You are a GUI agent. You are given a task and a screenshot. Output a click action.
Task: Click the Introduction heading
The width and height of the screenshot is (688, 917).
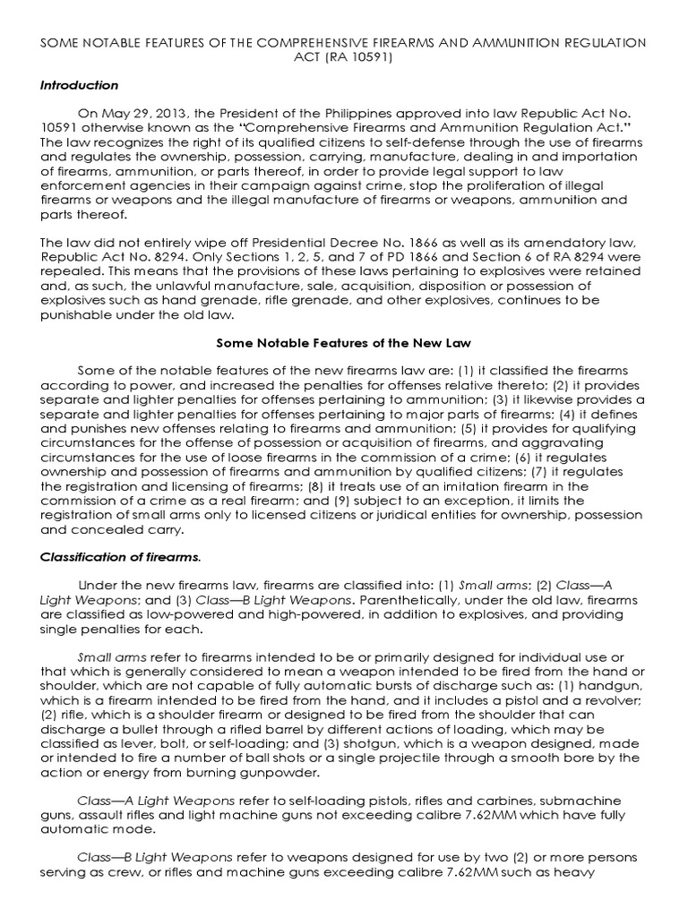point(79,85)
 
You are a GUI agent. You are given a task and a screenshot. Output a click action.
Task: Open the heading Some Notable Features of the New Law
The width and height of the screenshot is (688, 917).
point(343,343)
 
